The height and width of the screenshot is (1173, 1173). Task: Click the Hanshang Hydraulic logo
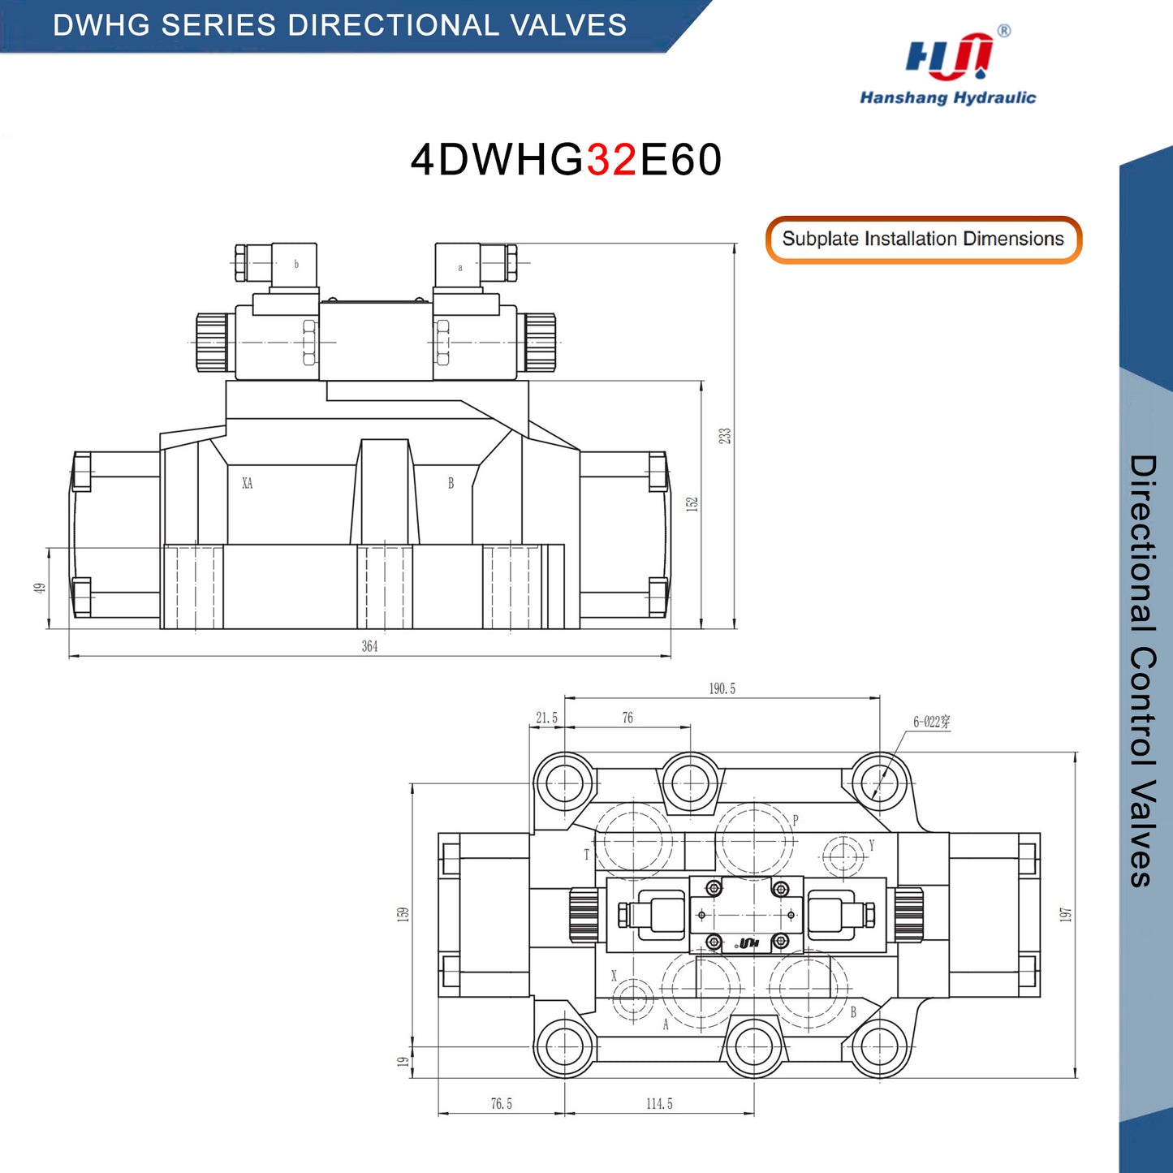click(948, 65)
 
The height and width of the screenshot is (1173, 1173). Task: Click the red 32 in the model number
click(612, 160)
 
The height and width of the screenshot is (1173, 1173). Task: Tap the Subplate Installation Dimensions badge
click(923, 239)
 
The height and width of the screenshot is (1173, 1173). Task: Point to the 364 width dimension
click(369, 646)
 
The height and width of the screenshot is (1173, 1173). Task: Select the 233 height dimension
click(725, 436)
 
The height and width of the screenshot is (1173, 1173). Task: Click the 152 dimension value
click(692, 504)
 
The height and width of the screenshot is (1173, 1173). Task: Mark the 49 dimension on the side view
click(40, 588)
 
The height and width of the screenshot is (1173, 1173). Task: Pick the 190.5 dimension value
click(722, 688)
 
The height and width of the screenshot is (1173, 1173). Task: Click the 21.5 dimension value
click(546, 718)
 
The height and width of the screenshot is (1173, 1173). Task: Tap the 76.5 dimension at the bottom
click(502, 1104)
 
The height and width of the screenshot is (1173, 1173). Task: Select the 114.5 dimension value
click(659, 1104)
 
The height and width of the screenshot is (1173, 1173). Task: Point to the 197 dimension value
click(1065, 914)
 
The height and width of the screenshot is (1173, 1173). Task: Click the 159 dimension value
click(403, 914)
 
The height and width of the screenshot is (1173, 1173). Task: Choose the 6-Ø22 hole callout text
click(931, 722)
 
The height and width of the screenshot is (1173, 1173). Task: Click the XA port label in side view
click(247, 483)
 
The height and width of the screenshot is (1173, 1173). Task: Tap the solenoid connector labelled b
click(294, 264)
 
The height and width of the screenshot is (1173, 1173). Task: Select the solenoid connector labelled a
click(458, 265)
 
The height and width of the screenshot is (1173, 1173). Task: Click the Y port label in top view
click(872, 845)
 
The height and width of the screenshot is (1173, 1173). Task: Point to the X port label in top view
click(614, 976)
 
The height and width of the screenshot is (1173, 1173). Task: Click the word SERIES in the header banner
click(218, 25)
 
